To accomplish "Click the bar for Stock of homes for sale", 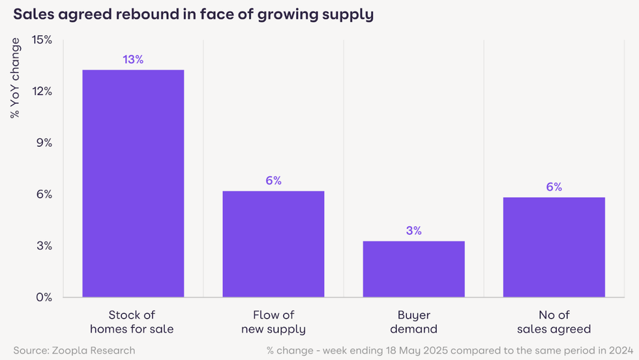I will (133, 183).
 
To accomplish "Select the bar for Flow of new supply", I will (273, 244).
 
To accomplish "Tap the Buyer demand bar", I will (413, 269).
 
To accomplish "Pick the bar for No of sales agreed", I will (554, 247).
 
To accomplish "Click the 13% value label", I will (133, 59).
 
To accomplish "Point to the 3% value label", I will (413, 230).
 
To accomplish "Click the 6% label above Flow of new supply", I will (273, 181).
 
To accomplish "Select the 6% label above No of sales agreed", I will (554, 187).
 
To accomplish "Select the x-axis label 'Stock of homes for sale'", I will (133, 322).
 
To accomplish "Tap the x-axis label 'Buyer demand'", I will (413, 322).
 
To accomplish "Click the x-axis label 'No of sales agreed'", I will (554, 322).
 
